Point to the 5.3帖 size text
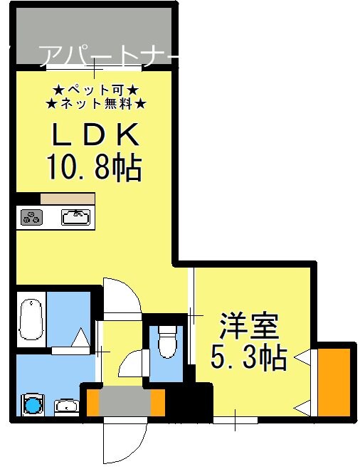pos(248,358)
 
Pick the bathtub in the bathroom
pos(32,320)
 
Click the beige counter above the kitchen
pos(67,199)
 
